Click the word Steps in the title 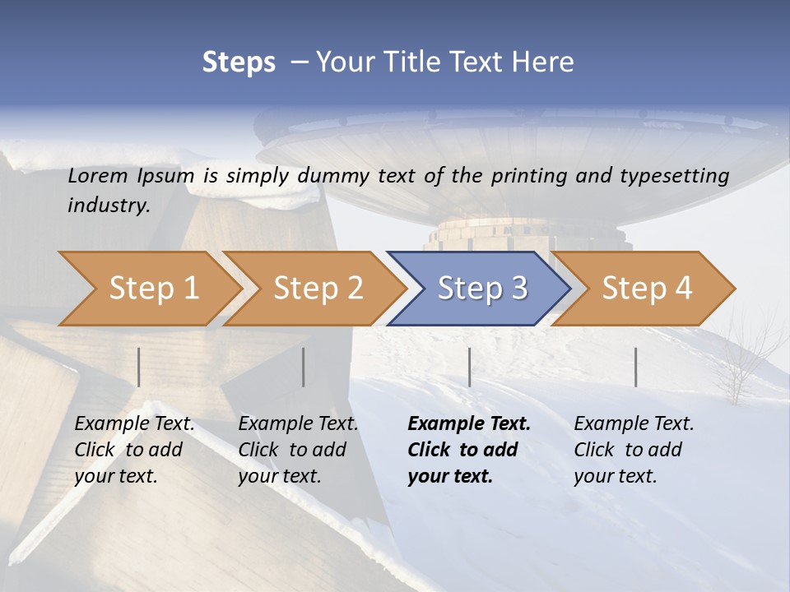click(239, 62)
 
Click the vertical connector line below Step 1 click(139, 367)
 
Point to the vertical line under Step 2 click(304, 367)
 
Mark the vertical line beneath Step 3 click(469, 367)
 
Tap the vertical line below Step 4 click(635, 367)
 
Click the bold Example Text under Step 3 click(469, 450)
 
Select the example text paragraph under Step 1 click(135, 450)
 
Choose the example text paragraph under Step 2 click(298, 450)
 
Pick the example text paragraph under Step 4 click(634, 450)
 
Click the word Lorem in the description click(98, 176)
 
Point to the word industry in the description click(108, 206)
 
